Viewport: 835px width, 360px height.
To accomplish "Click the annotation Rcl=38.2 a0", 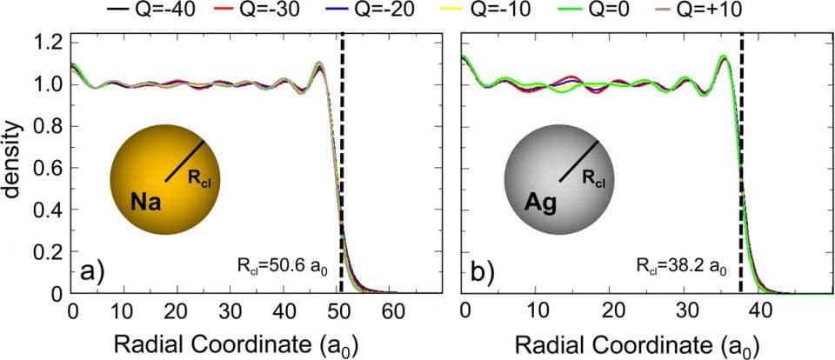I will coord(678,265).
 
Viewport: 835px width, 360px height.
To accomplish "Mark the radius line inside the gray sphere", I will coord(579,161).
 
